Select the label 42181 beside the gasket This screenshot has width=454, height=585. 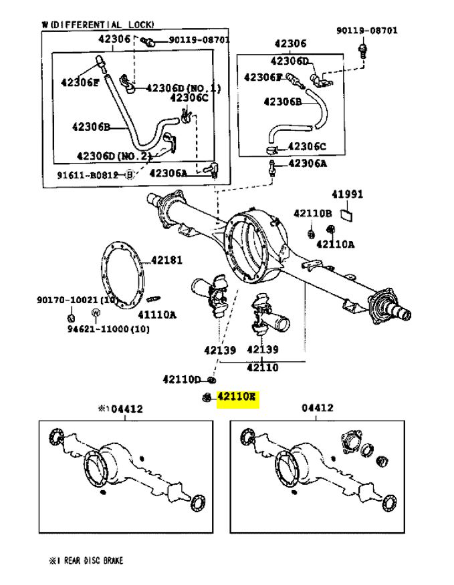click(x=166, y=260)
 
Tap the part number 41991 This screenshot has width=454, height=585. click(x=348, y=195)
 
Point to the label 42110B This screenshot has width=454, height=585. click(x=312, y=213)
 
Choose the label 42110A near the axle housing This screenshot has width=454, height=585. click(x=336, y=244)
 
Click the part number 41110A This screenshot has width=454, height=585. click(x=157, y=314)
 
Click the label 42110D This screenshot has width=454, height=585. click(x=181, y=379)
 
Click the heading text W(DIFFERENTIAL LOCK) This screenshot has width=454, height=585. click(x=98, y=25)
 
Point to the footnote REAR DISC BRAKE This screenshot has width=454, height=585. click(x=90, y=561)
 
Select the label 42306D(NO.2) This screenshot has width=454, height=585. click(x=114, y=156)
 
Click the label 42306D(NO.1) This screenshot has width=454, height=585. click(x=183, y=87)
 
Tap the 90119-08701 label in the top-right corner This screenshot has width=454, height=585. click(x=366, y=30)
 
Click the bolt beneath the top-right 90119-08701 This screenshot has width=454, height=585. click(x=363, y=51)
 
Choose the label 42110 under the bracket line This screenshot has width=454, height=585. click(x=262, y=367)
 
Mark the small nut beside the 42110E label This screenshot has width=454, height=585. click(x=207, y=398)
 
